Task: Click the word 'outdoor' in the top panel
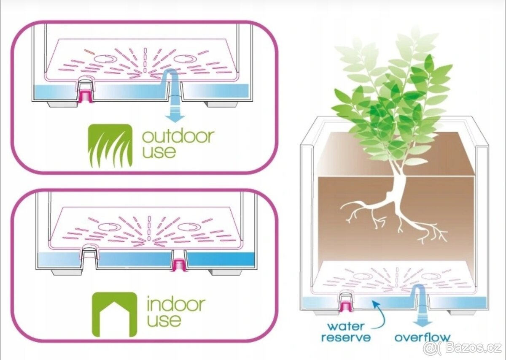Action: (178, 136)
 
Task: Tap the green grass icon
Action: (110, 145)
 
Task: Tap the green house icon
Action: (114, 314)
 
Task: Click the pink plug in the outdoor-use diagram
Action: (86, 96)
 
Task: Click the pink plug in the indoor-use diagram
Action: (179, 265)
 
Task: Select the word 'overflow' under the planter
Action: (422, 337)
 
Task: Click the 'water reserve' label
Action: (346, 332)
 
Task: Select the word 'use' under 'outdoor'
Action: (159, 151)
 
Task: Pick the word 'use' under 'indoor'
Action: (164, 319)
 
